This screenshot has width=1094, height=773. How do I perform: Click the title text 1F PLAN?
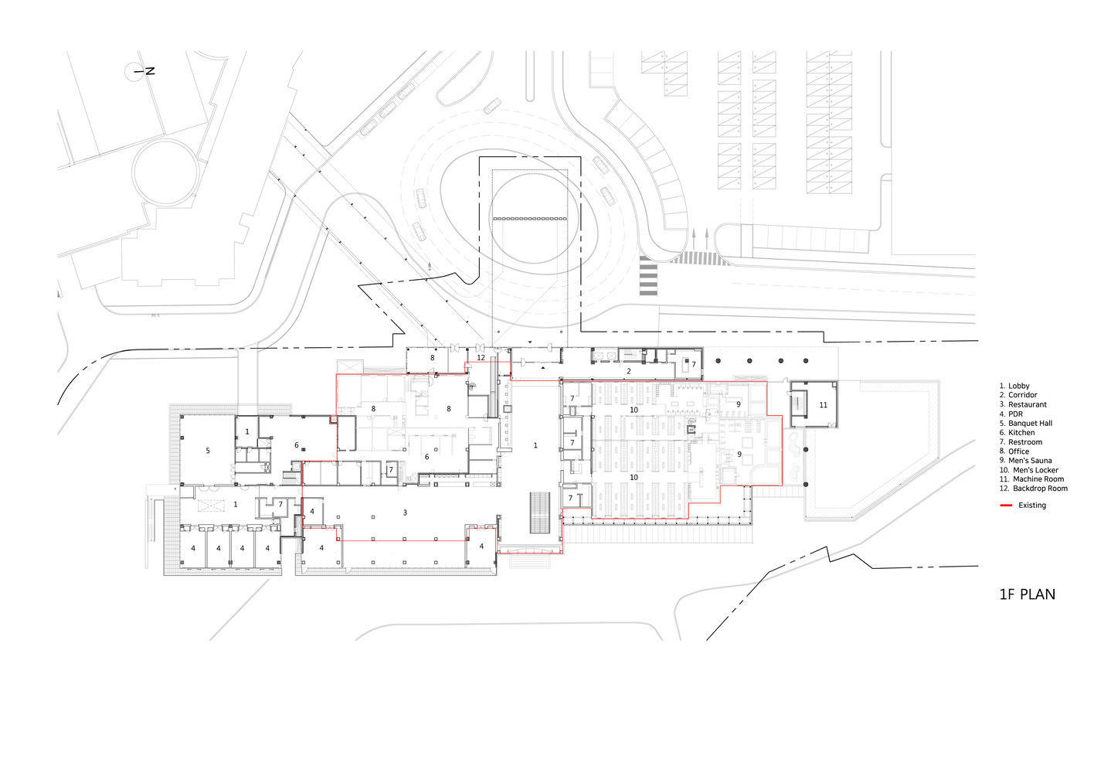(x=1027, y=594)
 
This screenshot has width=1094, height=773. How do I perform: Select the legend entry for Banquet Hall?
(x=1026, y=423)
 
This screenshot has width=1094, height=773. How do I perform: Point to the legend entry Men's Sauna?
(x=1026, y=460)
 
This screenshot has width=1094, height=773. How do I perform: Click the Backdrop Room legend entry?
(x=1034, y=488)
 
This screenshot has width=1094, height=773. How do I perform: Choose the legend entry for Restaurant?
(x=1023, y=404)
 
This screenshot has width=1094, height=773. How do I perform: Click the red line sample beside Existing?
(x=1006, y=506)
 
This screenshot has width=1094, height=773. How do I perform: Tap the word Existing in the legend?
(x=1032, y=506)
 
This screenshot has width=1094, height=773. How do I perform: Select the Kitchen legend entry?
(x=1018, y=432)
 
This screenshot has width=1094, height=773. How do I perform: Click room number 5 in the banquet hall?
(x=208, y=451)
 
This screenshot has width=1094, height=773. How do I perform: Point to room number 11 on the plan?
(x=823, y=404)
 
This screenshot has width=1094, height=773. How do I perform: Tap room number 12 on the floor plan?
(x=481, y=358)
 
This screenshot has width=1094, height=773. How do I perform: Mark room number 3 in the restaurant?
(x=405, y=512)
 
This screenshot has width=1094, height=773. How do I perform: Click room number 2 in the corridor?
(x=629, y=371)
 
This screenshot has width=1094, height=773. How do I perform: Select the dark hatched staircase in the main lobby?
(x=540, y=513)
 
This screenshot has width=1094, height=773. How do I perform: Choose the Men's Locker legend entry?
(x=1029, y=469)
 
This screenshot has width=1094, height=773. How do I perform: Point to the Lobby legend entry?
(x=1015, y=386)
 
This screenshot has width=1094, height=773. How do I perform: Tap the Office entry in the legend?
(x=1014, y=451)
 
